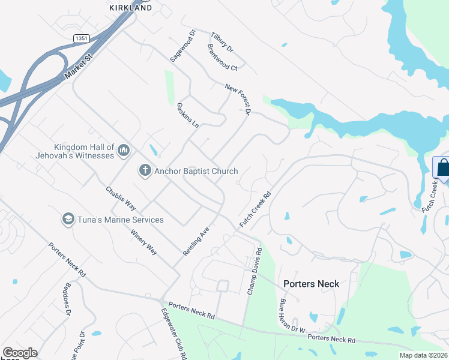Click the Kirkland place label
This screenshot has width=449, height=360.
pyautogui.click(x=130, y=7)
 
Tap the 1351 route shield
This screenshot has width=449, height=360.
pyautogui.click(x=82, y=38)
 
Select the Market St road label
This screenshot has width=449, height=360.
pyautogui.click(x=77, y=67)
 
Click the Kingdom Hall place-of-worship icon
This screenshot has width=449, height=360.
pyautogui.click(x=124, y=149)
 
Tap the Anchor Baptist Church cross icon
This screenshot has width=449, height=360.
pyautogui.click(x=145, y=171)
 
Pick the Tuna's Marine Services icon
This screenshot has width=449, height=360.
pyautogui.click(x=68, y=220)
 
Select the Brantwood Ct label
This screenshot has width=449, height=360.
pyautogui.click(x=223, y=58)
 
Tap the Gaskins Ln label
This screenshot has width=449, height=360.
pyautogui.click(x=188, y=116)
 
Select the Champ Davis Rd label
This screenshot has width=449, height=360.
pyautogui.click(x=255, y=271)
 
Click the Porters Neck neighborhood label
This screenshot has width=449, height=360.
pyautogui.click(x=311, y=284)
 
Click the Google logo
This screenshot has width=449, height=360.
pyautogui.click(x=20, y=353)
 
